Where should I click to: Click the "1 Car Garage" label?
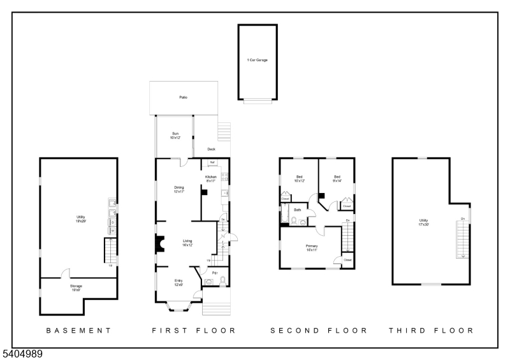pyautogui.click(x=258, y=61)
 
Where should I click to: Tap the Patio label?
pyautogui.click(x=183, y=97)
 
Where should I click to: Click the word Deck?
pyautogui.click(x=211, y=150)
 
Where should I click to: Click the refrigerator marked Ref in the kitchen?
pyautogui.click(x=212, y=163)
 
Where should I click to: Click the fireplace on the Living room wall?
pyautogui.click(x=160, y=244)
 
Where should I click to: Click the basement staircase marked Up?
pyautogui.click(x=110, y=250)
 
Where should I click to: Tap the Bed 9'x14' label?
pyautogui.click(x=337, y=178)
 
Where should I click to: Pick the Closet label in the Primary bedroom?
pyautogui.click(x=347, y=260)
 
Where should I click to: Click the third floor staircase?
pyautogui.click(x=462, y=237)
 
